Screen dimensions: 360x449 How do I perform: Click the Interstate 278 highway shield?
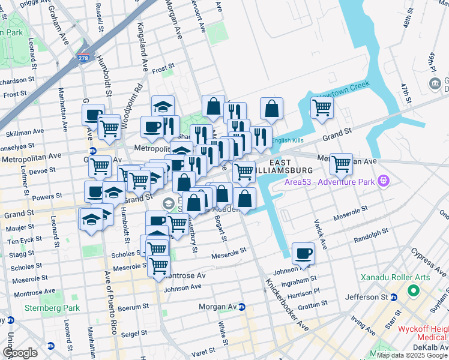point(83,58)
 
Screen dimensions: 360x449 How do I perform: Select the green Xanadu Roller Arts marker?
point(413,292)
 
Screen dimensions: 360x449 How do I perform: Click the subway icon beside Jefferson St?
point(394,297)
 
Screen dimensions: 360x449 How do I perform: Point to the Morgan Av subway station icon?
point(241,307)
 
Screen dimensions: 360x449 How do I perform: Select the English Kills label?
point(288,140)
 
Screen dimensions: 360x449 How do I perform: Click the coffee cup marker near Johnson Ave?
point(304,254)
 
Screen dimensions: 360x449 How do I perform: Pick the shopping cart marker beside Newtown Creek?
point(322,108)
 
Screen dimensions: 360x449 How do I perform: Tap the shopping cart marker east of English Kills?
point(341,163)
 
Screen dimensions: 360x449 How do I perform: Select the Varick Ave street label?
point(319,234)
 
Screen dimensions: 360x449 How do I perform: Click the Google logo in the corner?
point(20,353)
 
